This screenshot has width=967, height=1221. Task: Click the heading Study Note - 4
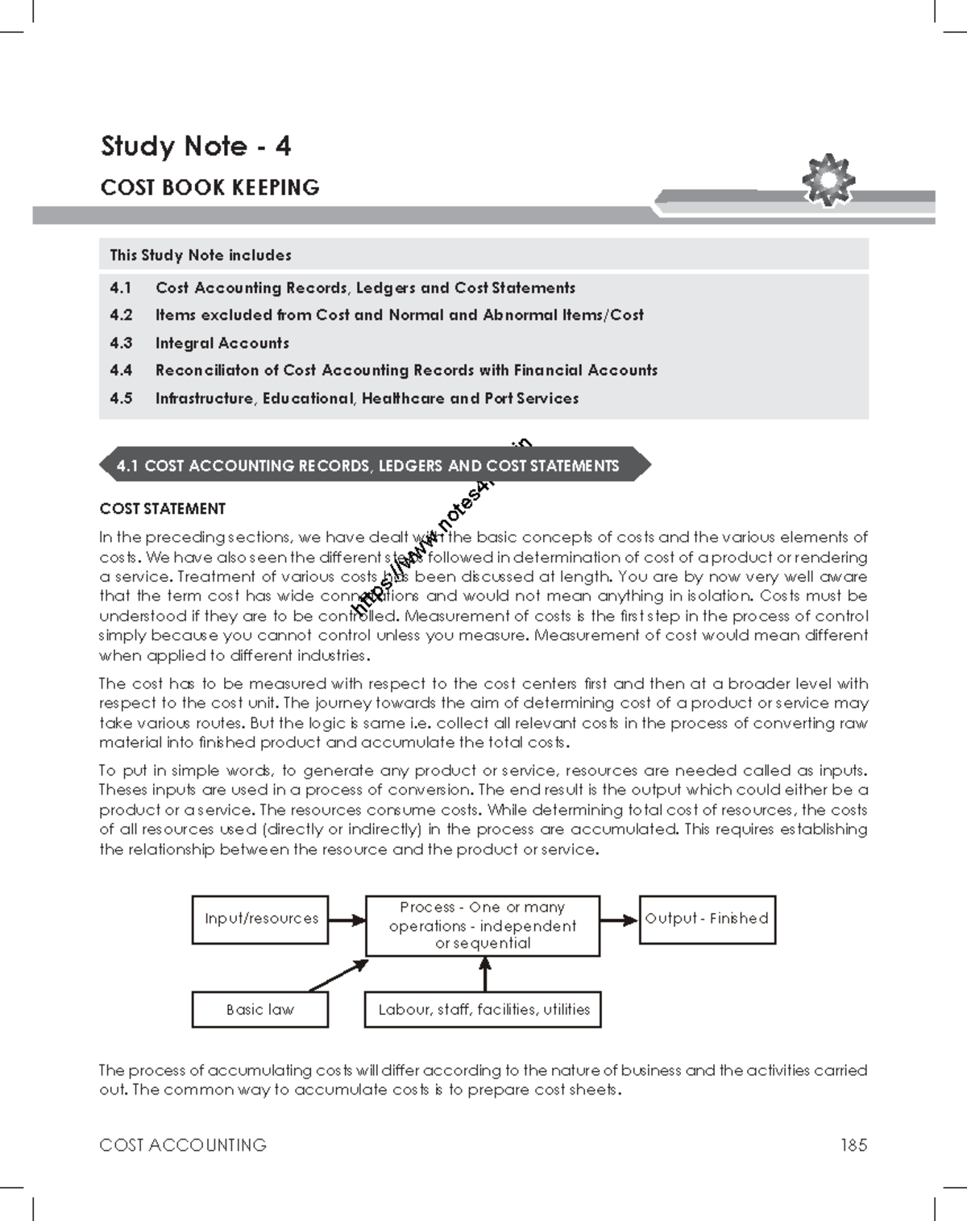pos(195,146)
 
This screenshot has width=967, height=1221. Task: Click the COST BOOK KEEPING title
pos(210,188)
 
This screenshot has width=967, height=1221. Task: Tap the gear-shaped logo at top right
pos(828,179)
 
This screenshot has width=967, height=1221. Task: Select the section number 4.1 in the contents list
pos(121,288)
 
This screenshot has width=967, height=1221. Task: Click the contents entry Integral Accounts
pos(222,343)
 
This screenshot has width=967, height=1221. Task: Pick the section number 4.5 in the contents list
pos(121,398)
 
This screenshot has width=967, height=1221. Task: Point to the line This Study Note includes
pos(201,255)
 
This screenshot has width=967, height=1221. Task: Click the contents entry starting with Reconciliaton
pos(406,370)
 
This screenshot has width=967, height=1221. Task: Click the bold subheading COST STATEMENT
pos(162,509)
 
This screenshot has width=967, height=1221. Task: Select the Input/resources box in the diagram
pos(260,919)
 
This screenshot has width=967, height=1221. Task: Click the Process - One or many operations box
pos(482,925)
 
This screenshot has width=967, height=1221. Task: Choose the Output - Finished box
pos(707,919)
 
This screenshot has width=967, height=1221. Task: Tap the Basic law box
pos(259,1009)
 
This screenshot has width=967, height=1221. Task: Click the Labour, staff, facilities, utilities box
pos(483,1009)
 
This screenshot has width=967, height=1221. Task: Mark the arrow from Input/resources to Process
pos(347,920)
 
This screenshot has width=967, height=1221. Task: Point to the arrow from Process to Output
pos(619,920)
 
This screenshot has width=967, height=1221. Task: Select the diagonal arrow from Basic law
pos(338,975)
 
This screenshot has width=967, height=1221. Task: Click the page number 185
pos(853,1144)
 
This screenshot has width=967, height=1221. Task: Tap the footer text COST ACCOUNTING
pos(183,1144)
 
